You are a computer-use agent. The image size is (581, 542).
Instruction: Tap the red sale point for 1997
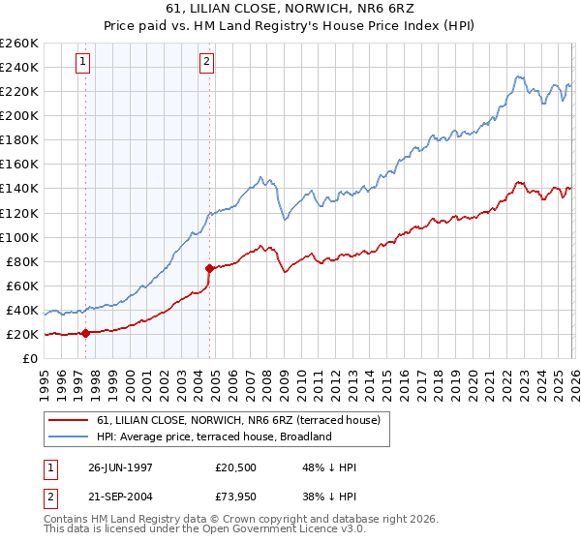pyautogui.click(x=86, y=333)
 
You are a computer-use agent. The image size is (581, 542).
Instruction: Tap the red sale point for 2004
pyautogui.click(x=210, y=268)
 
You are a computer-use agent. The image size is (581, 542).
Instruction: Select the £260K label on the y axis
pyautogui.click(x=19, y=43)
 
